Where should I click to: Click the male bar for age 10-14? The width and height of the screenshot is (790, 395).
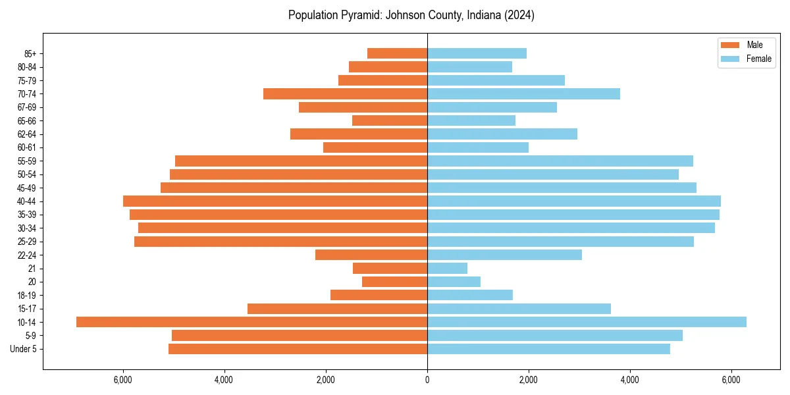point(251,322)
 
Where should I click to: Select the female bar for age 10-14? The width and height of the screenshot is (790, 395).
point(587,322)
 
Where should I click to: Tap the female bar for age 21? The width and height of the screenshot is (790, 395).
point(447,269)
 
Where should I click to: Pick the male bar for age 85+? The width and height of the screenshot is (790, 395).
point(397,53)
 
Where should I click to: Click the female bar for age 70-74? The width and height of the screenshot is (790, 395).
point(523,93)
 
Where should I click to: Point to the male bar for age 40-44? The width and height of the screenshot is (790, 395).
point(275,201)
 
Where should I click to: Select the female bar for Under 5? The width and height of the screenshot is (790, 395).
point(548,349)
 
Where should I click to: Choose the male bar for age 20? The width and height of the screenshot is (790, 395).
point(394,282)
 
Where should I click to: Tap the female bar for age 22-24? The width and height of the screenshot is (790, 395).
point(504,255)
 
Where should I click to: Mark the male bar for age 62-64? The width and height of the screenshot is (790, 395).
point(359,134)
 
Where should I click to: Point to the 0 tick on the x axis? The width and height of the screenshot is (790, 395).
point(427,380)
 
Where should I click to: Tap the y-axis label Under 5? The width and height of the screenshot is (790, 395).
point(23,349)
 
